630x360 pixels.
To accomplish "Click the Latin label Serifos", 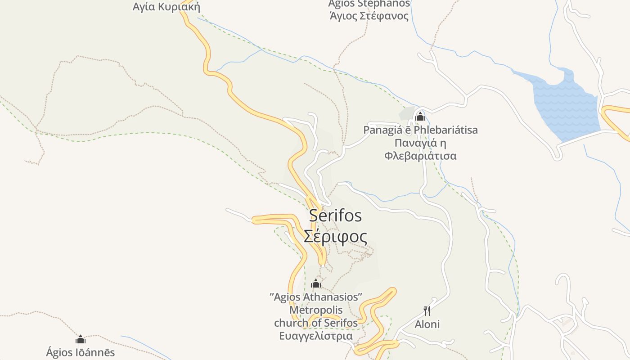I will pos(335,216).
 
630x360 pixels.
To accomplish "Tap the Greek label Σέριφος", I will pos(335,236).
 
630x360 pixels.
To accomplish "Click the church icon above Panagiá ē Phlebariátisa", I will pos(420,117).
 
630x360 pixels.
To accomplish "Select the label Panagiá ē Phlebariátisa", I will pos(420,130).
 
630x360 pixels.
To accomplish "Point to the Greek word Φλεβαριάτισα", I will pos(420,156).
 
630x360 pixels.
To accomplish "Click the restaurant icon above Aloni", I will pos(427,310).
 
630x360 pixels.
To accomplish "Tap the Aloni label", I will pos(427,324).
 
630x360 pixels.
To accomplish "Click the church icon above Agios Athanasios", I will pos(316,283).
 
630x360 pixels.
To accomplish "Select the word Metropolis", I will pos(316,310).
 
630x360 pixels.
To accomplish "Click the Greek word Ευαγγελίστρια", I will pos(316,336).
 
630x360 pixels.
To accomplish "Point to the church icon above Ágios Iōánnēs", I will pos(81,339).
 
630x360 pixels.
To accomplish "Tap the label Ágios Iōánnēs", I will pos(81,352).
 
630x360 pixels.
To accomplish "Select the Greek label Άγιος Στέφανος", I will pos(369,16).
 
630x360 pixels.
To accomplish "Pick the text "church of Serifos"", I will pos(316,323).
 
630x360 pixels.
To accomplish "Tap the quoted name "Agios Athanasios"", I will pos(316,297).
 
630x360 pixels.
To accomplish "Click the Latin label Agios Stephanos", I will pos(369,4).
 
